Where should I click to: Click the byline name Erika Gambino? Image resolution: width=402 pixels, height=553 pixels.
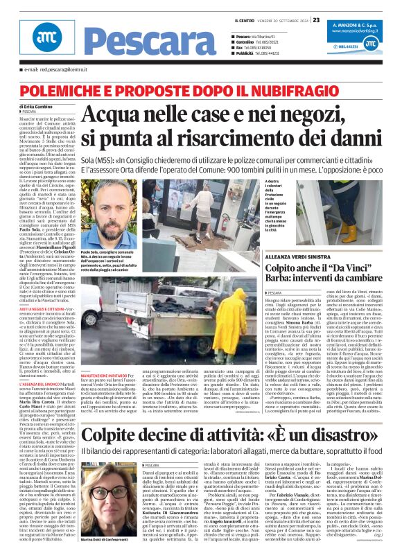point(44,106)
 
